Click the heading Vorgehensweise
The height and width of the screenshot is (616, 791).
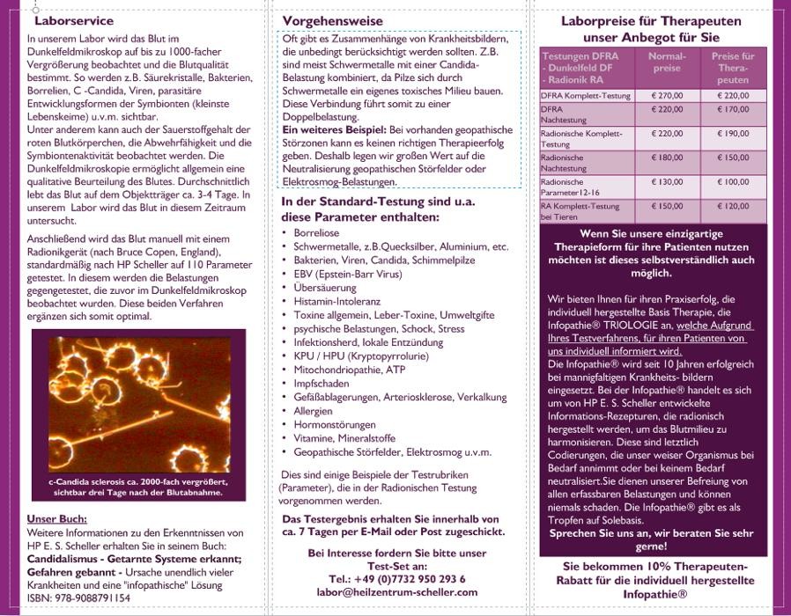[332, 20]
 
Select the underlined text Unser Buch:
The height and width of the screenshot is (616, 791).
[57, 518]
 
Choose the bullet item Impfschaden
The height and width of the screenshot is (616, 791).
[322, 383]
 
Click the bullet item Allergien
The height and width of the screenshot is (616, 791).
[314, 410]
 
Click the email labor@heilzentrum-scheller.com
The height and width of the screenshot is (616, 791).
[397, 592]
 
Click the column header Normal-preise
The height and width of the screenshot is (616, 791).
[666, 62]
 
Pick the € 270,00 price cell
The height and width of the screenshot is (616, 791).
[666, 95]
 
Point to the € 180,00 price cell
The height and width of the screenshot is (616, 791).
[666, 158]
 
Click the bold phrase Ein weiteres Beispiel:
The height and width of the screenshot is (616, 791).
[335, 129]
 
